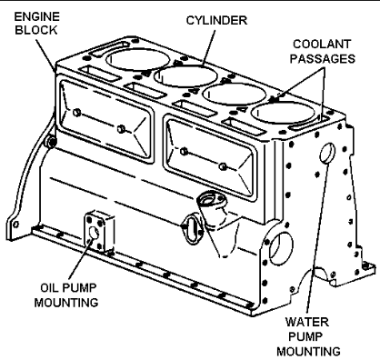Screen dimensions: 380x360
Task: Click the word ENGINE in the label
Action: click(37, 16)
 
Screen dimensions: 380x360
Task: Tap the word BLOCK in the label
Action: click(36, 30)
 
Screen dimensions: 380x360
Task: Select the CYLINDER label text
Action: click(216, 21)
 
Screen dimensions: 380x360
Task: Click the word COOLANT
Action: click(321, 45)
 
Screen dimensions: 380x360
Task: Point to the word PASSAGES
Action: click(323, 59)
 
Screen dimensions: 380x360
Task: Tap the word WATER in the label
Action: click(307, 322)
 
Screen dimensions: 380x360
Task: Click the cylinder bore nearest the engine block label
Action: click(138, 60)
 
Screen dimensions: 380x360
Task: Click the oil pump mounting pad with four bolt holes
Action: click(99, 233)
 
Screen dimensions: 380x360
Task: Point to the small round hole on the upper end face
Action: click(327, 153)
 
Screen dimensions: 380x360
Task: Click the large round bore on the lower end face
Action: click(281, 248)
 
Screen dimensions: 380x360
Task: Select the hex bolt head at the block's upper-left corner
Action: click(51, 142)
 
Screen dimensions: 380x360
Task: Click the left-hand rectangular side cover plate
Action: click(106, 120)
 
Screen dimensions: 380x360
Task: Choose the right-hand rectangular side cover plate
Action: click(210, 157)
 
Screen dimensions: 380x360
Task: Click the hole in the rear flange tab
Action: click(15, 225)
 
